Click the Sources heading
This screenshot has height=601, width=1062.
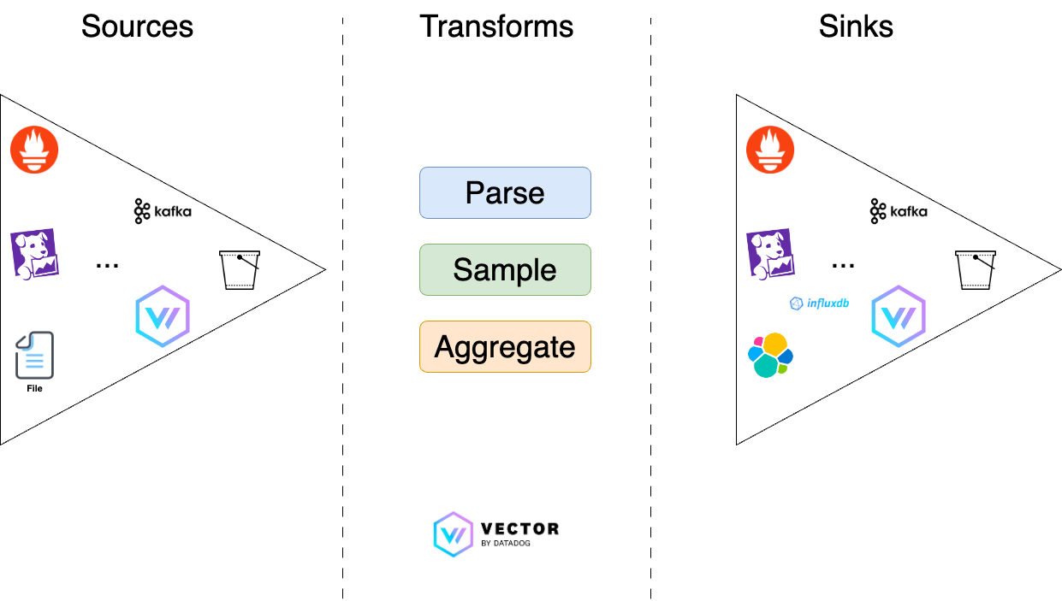tap(137, 26)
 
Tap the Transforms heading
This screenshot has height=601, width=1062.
tap(496, 26)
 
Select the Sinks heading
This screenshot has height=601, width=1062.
tap(856, 26)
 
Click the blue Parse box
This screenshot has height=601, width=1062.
tap(505, 192)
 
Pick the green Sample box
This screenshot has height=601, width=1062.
tap(505, 270)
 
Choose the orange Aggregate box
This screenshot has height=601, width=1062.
tap(505, 347)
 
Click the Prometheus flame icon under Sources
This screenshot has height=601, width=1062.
tap(34, 150)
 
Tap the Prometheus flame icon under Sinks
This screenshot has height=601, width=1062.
tap(770, 150)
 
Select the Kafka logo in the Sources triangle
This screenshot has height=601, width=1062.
tap(163, 211)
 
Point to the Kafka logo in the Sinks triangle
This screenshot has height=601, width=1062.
tap(899, 211)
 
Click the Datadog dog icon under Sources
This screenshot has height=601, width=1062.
tap(34, 254)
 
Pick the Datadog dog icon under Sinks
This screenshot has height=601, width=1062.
tap(770, 254)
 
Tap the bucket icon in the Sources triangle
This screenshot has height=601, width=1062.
tap(240, 270)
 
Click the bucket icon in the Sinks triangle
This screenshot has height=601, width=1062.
tap(976, 270)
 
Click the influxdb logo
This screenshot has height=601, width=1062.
tap(819, 303)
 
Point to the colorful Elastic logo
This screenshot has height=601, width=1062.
tap(770, 355)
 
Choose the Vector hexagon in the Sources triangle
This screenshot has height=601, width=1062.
tap(163, 316)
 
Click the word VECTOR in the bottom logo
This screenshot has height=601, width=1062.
tap(520, 528)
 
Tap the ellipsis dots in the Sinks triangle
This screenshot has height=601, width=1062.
tap(843, 266)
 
